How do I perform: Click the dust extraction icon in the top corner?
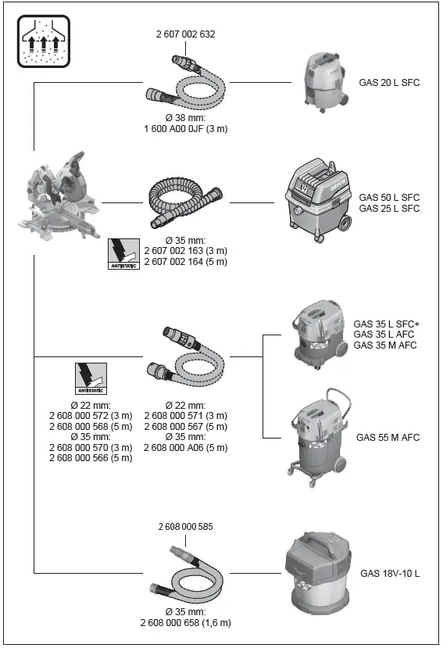[x=42, y=41]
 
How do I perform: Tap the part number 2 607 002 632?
[x=184, y=34]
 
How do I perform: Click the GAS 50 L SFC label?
[x=389, y=198]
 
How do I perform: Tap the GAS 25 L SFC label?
[x=389, y=209]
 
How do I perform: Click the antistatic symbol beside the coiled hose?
[x=123, y=253]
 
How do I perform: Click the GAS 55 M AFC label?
[x=388, y=438]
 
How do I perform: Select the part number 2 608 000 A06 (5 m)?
[x=185, y=447]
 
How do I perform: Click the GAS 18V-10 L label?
[x=390, y=574]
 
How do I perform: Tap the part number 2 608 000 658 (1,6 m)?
[x=185, y=623]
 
